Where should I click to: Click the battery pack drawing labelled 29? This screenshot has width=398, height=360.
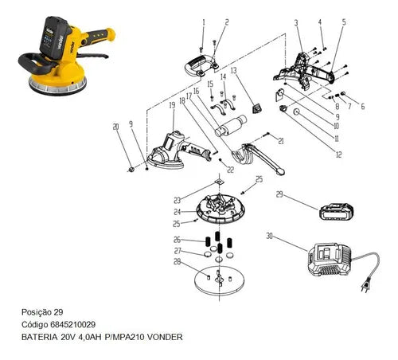tap(337, 212)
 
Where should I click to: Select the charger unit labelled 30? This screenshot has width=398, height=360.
tap(330, 260)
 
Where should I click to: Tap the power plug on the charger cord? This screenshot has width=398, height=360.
tap(365, 288)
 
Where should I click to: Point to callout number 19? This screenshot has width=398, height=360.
tap(172, 105)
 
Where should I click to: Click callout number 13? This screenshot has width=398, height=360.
tap(233, 71)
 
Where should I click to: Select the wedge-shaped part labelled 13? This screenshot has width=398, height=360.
tap(256, 108)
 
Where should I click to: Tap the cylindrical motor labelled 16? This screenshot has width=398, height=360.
tap(231, 125)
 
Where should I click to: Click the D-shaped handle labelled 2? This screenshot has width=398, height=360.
tap(201, 66)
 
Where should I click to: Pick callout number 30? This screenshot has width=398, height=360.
tap(269, 236)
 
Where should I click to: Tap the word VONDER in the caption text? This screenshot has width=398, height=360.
tap(165, 337)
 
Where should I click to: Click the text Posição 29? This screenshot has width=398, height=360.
tap(42, 312)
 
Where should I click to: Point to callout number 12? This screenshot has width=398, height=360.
tap(339, 155)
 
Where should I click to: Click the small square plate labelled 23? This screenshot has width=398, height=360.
tap(220, 182)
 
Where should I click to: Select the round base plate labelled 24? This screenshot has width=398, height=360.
tap(220, 209)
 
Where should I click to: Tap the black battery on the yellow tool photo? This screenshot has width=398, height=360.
tap(54, 37)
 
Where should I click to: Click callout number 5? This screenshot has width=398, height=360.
tap(344, 22)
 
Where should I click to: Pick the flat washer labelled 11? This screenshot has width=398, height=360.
tap(296, 112)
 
